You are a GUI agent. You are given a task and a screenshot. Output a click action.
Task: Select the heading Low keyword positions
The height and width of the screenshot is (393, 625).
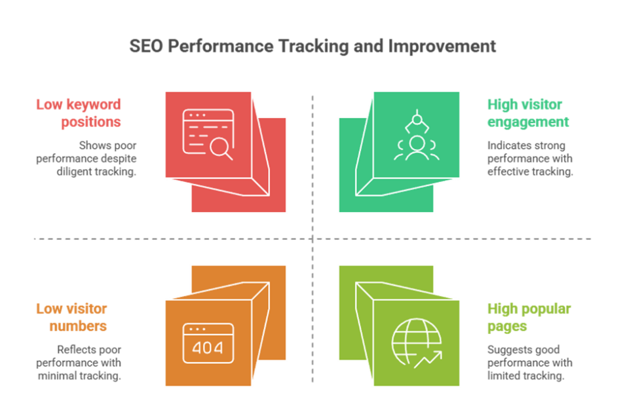point(79,113)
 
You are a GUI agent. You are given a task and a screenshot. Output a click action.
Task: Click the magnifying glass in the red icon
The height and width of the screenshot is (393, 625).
point(220,149)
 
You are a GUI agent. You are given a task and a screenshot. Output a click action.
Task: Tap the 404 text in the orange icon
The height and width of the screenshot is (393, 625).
point(208,346)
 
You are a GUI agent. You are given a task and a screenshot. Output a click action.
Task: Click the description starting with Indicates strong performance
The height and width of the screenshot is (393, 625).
point(529,159)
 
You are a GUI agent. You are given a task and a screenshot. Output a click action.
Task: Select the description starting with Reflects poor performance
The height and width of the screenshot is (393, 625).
point(86,363)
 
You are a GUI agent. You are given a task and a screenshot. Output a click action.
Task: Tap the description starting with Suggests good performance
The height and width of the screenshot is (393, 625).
point(529,363)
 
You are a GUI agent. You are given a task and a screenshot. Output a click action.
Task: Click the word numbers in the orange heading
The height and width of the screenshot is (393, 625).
point(81,326)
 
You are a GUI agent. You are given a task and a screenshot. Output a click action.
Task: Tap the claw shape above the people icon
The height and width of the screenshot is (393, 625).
point(414,121)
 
